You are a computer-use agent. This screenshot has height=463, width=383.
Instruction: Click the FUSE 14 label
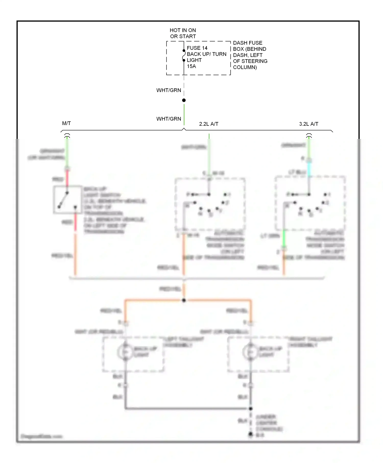(197, 48)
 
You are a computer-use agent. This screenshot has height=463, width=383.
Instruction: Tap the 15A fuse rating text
(191, 66)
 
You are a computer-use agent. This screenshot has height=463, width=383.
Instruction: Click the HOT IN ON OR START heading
(183, 33)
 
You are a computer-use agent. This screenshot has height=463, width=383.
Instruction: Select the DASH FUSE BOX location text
(250, 55)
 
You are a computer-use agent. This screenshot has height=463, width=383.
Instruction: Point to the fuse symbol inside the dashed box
(184, 55)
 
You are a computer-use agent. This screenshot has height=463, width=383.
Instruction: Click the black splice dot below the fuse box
(184, 100)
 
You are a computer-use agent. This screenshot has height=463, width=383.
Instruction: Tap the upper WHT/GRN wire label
(169, 90)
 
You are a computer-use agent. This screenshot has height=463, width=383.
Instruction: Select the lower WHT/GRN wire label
(169, 119)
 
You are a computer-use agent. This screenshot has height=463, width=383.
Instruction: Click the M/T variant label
(66, 124)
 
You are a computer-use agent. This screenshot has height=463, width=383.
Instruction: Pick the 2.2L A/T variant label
(209, 124)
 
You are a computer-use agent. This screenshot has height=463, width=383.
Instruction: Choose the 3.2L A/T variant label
(308, 124)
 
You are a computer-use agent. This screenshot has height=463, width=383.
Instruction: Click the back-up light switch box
(67, 200)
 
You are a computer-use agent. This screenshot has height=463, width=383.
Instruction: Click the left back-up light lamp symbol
(125, 352)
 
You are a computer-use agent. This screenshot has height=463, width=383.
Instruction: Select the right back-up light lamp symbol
(250, 352)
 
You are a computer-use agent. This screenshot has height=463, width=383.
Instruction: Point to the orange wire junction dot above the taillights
(184, 300)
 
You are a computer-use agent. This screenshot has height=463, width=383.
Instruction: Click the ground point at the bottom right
(250, 434)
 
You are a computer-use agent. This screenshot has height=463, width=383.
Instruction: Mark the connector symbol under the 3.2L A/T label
(309, 135)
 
